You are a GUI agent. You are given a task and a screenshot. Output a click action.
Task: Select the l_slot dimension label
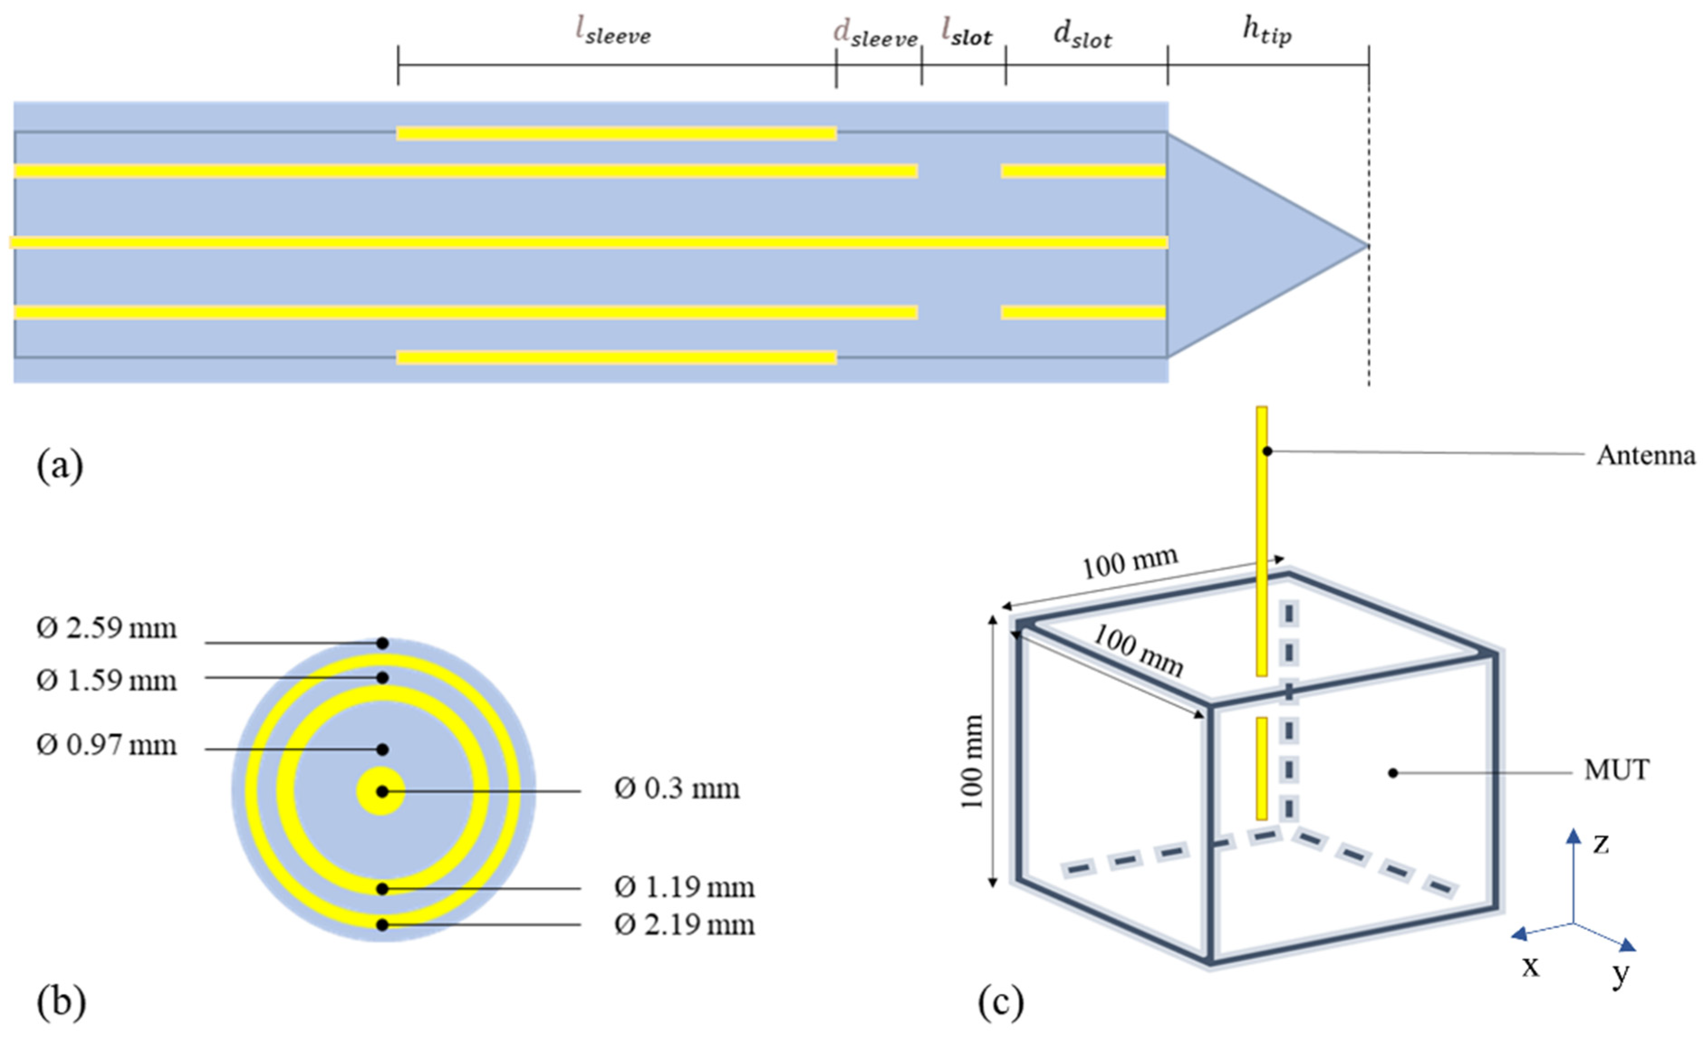coord(966,33)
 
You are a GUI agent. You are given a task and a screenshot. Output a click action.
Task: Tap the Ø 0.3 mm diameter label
coord(677,789)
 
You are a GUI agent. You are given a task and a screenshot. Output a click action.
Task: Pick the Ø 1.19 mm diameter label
coord(684,887)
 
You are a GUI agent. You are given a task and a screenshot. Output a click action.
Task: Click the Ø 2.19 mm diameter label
coord(684,925)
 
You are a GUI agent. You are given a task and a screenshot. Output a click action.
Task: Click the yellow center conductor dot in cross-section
coord(381,791)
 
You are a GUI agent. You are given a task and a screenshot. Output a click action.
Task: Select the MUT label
coord(1617,770)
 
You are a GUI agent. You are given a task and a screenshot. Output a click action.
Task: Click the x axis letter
coord(1530,965)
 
